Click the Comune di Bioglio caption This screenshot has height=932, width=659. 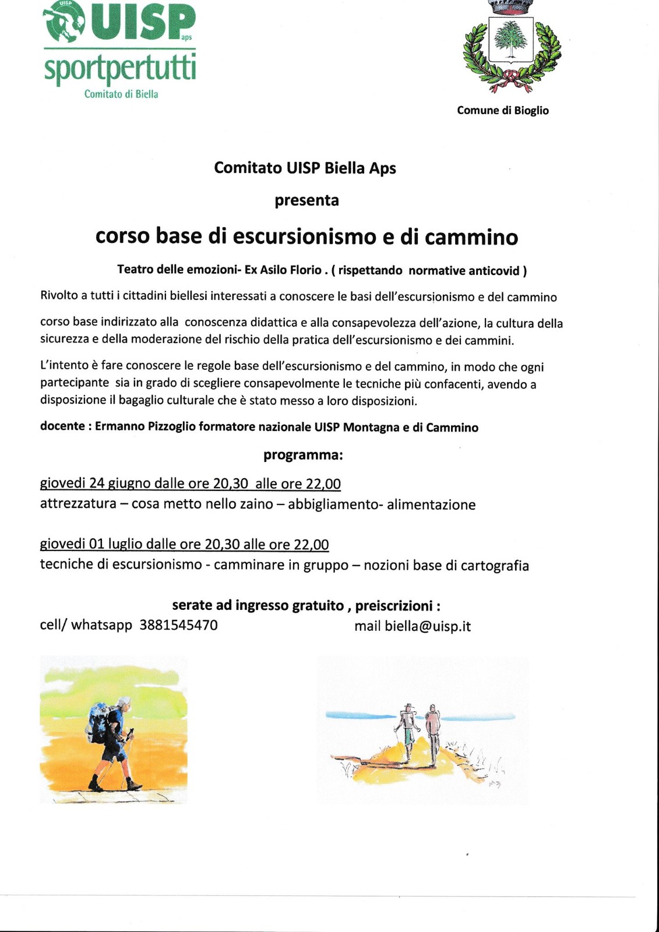pyautogui.click(x=502, y=110)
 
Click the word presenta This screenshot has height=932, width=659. pyautogui.click(x=306, y=200)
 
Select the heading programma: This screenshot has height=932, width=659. pyautogui.click(x=303, y=455)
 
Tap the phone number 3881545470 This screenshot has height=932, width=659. pyautogui.click(x=178, y=626)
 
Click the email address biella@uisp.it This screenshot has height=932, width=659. pyautogui.click(x=428, y=626)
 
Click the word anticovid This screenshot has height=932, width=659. pyautogui.click(x=494, y=270)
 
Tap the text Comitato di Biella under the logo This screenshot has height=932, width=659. pyautogui.click(x=121, y=94)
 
